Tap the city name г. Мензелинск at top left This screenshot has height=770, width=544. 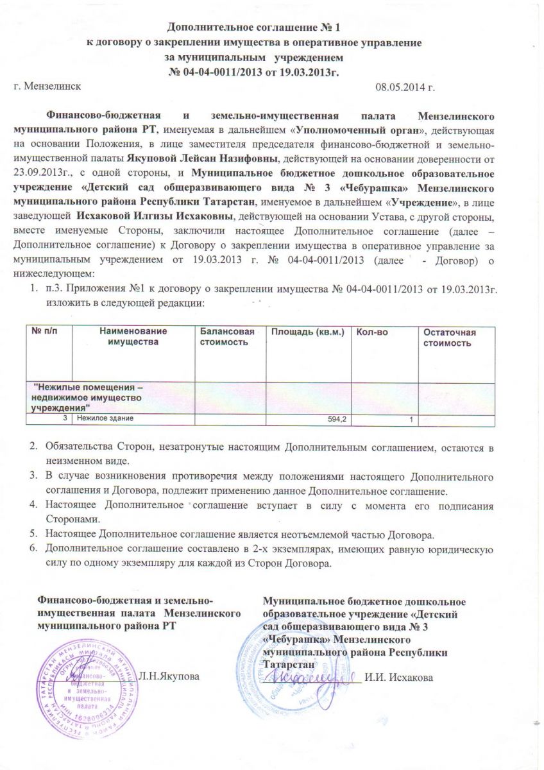(47, 86)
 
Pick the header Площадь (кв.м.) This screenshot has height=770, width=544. (308, 332)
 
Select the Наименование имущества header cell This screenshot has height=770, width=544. (133, 336)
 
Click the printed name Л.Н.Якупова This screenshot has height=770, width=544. (172, 676)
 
